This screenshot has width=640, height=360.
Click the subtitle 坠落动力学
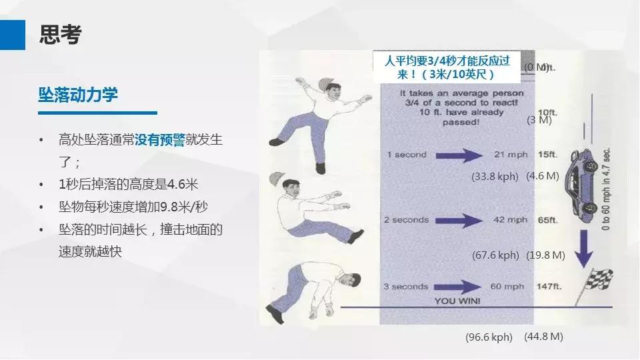click(x=78, y=95)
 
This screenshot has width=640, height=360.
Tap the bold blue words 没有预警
click(x=160, y=140)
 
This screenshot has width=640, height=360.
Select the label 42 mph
click(x=509, y=220)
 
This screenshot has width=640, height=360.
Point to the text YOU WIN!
click(x=457, y=301)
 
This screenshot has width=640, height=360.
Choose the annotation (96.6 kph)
click(x=489, y=337)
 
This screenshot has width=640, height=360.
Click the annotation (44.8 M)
click(x=544, y=337)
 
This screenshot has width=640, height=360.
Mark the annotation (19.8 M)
click(x=545, y=255)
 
